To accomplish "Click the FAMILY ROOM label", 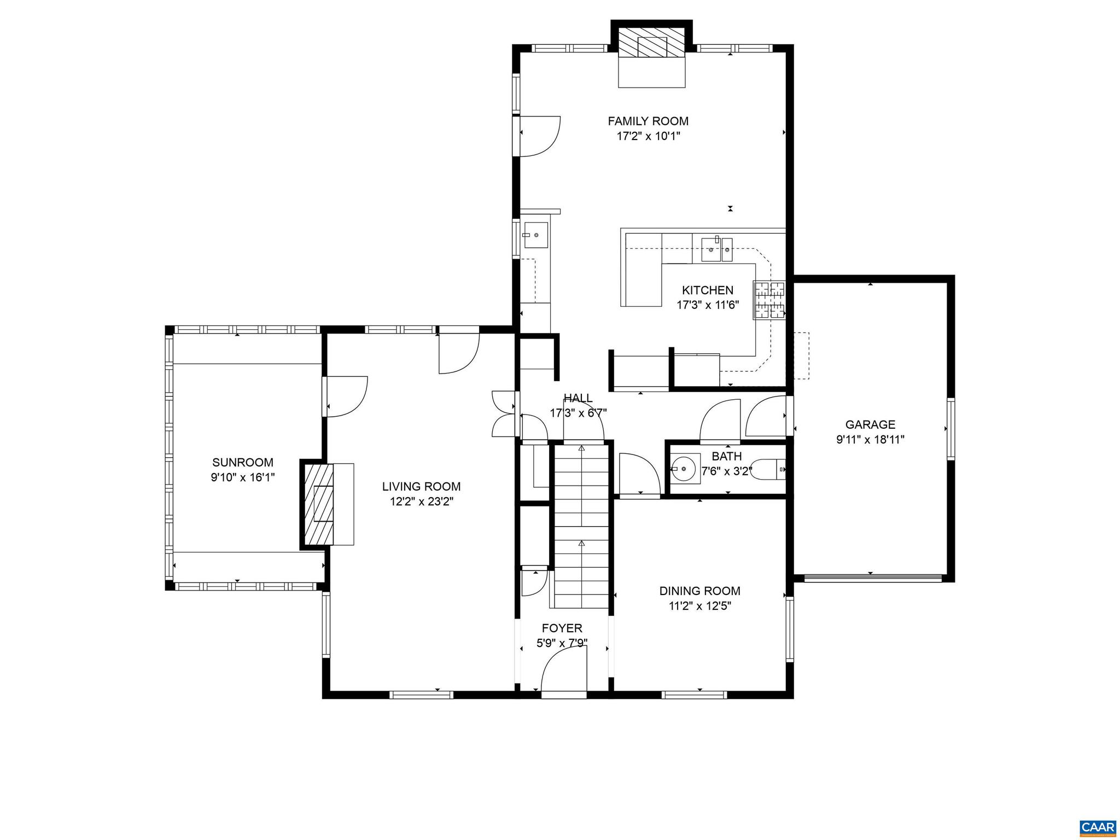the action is [x=648, y=121].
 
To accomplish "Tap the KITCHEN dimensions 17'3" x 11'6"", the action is [x=708, y=305].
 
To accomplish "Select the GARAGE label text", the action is [x=870, y=424].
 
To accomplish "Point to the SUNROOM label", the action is [x=243, y=463].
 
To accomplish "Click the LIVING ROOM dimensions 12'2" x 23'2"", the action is [x=421, y=501].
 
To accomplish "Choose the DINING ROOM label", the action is [x=699, y=591].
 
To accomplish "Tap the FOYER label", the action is [x=562, y=628].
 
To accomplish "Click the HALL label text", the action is [x=577, y=398].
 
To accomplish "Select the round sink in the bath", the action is [x=684, y=469].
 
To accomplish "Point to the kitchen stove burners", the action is [x=769, y=299].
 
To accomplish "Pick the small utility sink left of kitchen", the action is [x=535, y=235].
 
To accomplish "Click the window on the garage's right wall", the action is [x=950, y=429].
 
